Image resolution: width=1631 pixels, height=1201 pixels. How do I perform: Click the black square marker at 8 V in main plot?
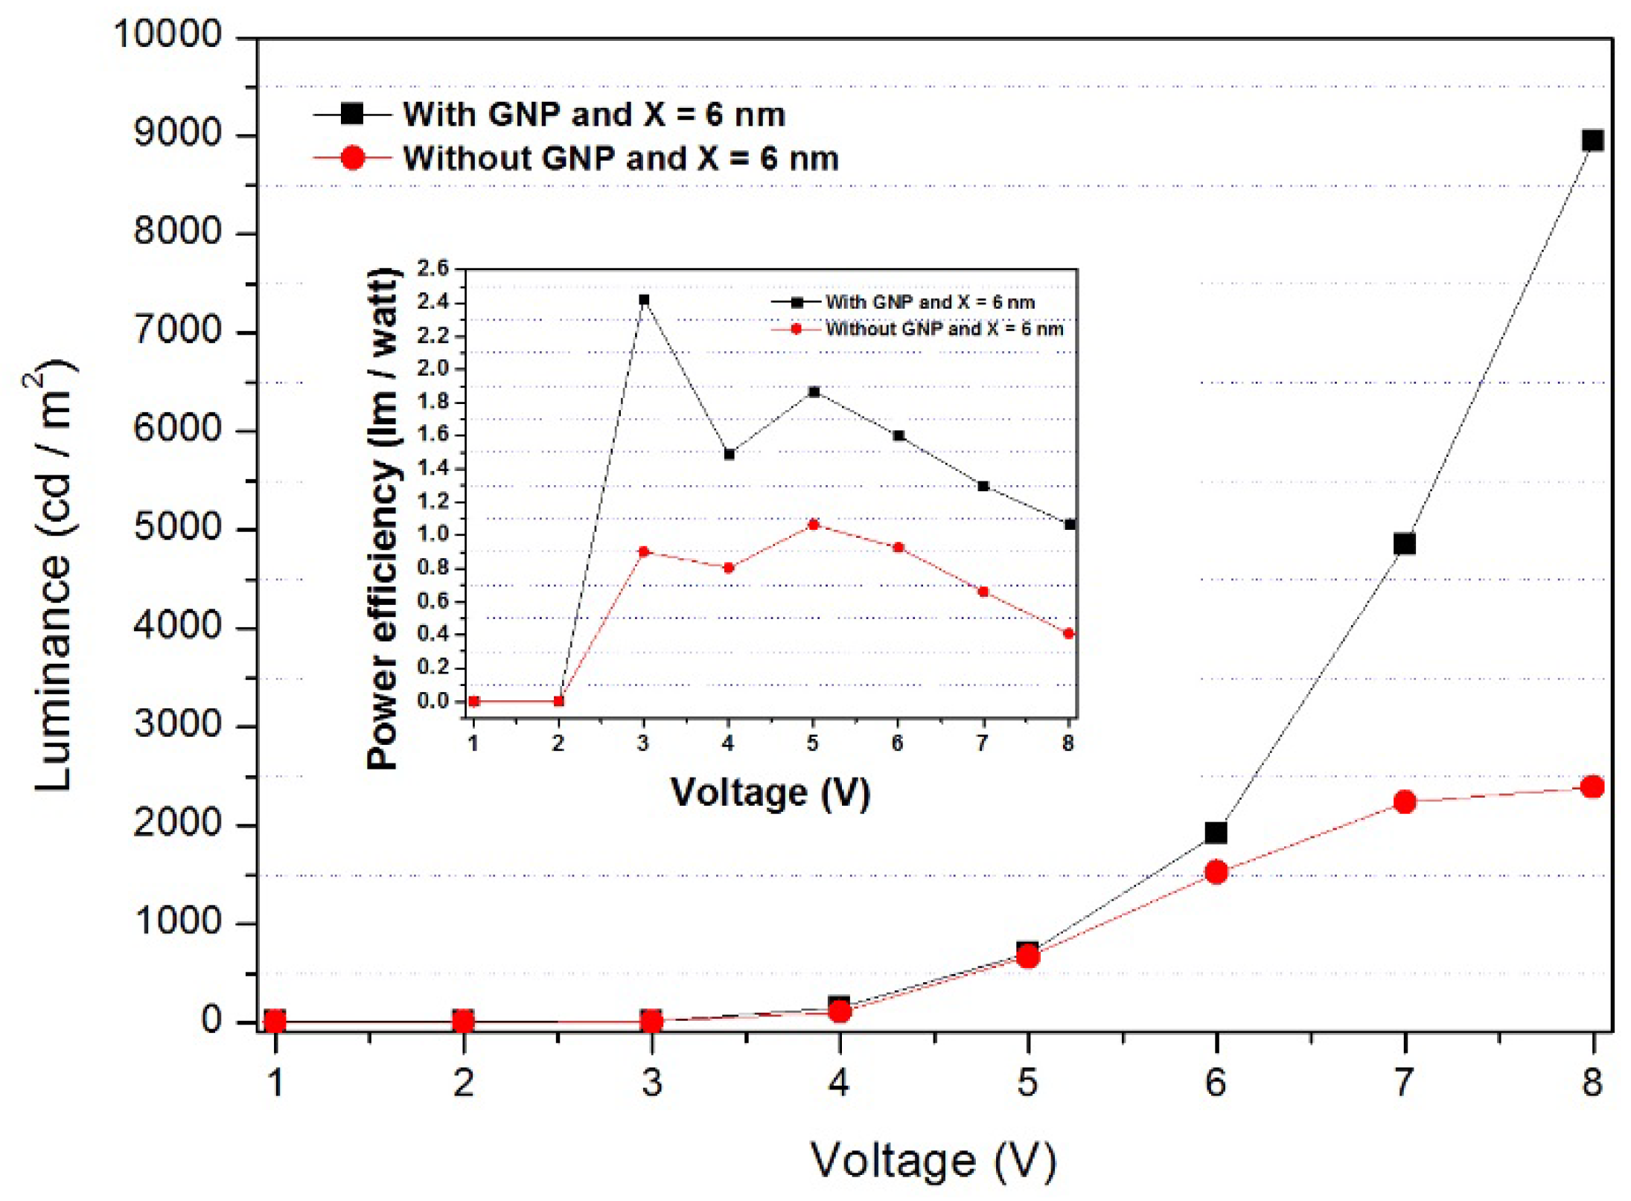tap(1592, 141)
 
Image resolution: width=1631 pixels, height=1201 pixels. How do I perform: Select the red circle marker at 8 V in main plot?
tap(1592, 787)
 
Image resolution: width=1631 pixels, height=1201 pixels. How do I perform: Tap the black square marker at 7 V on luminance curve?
tap(1404, 544)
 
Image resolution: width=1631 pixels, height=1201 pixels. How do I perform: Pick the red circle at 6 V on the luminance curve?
tap(1216, 872)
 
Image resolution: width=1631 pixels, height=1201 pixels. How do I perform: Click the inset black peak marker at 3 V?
tap(644, 300)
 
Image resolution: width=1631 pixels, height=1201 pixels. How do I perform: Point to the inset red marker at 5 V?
tap(814, 525)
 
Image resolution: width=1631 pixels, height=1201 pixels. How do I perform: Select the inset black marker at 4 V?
tap(729, 454)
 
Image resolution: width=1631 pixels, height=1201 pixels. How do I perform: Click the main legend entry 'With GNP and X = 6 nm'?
tap(593, 115)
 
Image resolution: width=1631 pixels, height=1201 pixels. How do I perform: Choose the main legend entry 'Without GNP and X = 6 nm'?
tap(620, 158)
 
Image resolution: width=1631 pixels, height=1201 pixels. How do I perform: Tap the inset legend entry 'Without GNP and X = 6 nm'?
tap(944, 329)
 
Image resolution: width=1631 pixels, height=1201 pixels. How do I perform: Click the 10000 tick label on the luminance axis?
tap(167, 34)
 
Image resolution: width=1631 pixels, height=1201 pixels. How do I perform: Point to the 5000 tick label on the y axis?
tap(178, 528)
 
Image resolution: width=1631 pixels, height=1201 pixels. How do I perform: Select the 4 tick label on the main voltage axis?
tap(839, 1082)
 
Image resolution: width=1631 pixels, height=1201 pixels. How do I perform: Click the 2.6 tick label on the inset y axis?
tap(433, 268)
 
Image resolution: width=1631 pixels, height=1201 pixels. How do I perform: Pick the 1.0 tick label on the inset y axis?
tap(433, 534)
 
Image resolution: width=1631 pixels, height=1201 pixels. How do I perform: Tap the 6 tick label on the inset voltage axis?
tap(898, 743)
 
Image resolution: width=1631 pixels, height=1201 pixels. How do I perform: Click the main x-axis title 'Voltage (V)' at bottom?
tap(933, 1160)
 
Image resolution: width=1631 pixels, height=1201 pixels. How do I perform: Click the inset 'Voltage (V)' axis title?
tap(770, 792)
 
